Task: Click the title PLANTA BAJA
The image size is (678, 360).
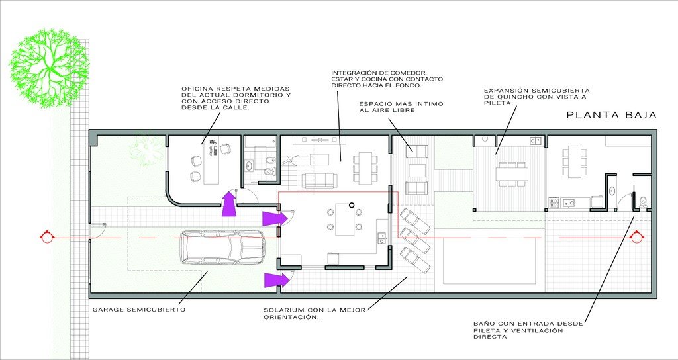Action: (611, 115)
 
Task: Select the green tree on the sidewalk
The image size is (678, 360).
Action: (49, 68)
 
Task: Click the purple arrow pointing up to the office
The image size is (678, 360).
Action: (229, 203)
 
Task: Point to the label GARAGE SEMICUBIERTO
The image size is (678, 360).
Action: (139, 310)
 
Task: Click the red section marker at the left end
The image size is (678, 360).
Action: (46, 238)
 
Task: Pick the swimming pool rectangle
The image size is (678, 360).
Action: (489, 261)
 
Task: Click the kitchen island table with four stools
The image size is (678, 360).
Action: (344, 219)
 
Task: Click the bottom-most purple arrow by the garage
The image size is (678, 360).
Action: (277, 280)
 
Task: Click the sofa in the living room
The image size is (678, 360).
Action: (320, 180)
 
